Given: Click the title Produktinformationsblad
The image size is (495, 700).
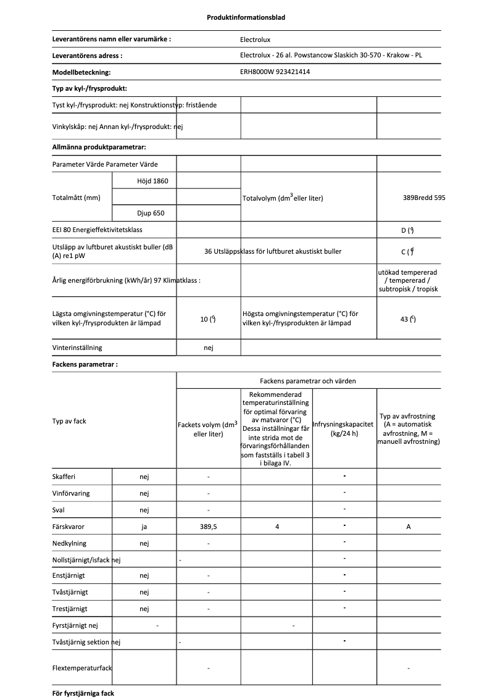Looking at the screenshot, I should pyautogui.click(x=246, y=17).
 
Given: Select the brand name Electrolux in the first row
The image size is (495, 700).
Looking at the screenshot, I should pyautogui.click(x=255, y=40).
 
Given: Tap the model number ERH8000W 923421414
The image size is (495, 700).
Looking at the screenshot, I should pyautogui.click(x=275, y=72).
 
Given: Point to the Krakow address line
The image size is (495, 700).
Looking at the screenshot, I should pyautogui.click(x=331, y=56).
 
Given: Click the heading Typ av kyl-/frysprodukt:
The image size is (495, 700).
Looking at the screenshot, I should pyautogui.click(x=89, y=88).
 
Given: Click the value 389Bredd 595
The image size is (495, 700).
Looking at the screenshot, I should pyautogui.click(x=423, y=198).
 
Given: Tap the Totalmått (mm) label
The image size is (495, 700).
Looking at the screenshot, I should pyautogui.click(x=77, y=198).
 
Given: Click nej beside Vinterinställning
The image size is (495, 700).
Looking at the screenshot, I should pyautogui.click(x=208, y=348).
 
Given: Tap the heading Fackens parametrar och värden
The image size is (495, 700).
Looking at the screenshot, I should pyautogui.click(x=307, y=381).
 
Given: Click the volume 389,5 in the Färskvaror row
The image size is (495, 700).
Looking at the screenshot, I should pyautogui.click(x=208, y=527).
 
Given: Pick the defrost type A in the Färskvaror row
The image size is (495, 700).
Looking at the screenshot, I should pyautogui.click(x=409, y=527).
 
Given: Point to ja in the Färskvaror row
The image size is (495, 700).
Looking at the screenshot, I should pyautogui.click(x=144, y=527).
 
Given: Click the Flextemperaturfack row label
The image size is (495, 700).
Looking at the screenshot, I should pyautogui.click(x=83, y=668).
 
